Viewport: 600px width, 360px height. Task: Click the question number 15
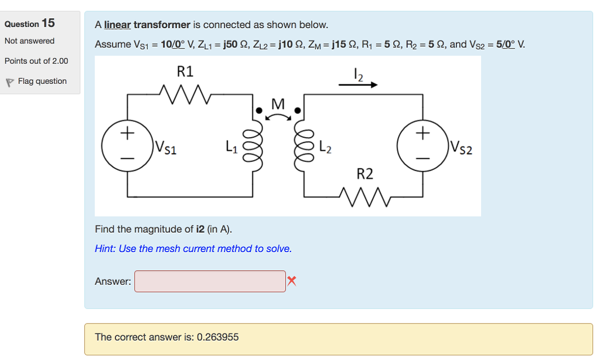click(x=47, y=23)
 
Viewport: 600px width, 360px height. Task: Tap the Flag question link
click(x=42, y=81)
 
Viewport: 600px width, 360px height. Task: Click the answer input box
click(x=210, y=281)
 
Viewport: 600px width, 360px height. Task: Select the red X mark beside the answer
click(x=292, y=281)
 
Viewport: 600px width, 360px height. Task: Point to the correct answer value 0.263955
click(x=217, y=337)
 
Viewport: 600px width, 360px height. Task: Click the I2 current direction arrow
click(x=358, y=85)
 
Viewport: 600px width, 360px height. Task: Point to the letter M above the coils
click(x=278, y=104)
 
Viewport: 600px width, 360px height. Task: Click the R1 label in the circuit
click(x=185, y=72)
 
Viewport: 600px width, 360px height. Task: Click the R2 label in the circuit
click(x=364, y=174)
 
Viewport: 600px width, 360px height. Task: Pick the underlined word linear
click(x=117, y=25)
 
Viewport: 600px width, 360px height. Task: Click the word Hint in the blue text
click(x=105, y=249)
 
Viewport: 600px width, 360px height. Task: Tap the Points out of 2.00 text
click(x=36, y=61)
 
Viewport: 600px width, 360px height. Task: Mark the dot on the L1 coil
click(x=258, y=110)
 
